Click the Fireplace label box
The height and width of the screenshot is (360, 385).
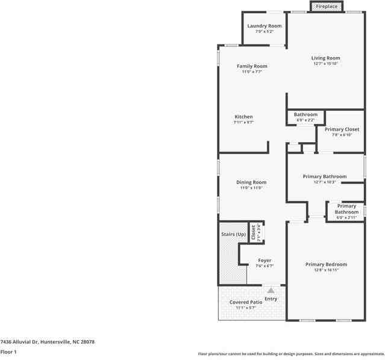pyautogui.click(x=327, y=6)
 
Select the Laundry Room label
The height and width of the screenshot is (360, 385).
pyautogui.click(x=264, y=26)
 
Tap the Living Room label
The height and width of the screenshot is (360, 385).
pyautogui.click(x=326, y=58)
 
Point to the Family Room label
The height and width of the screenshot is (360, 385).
pyautogui.click(x=251, y=66)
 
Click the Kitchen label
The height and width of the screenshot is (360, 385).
pyautogui.click(x=243, y=117)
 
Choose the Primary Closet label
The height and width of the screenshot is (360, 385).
pyautogui.click(x=342, y=129)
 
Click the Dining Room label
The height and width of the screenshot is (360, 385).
pyautogui.click(x=251, y=182)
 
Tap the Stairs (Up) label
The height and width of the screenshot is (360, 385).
pyautogui.click(x=233, y=234)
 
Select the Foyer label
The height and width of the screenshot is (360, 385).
pyautogui.click(x=264, y=261)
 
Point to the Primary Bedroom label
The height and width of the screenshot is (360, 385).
pyautogui.click(x=326, y=264)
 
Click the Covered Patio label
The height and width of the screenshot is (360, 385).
pyautogui.click(x=245, y=302)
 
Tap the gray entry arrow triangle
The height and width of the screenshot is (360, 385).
pyautogui.click(x=271, y=290)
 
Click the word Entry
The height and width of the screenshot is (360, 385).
pyautogui.click(x=271, y=299)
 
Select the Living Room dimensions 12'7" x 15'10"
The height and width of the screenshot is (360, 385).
pyautogui.click(x=326, y=64)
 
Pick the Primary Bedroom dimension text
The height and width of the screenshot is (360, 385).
pyautogui.click(x=326, y=270)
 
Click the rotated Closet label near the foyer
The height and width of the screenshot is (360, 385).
pyautogui.click(x=254, y=232)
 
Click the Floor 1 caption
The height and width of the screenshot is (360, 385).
pyautogui.click(x=8, y=352)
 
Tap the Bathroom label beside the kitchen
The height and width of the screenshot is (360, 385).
pyautogui.click(x=305, y=114)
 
